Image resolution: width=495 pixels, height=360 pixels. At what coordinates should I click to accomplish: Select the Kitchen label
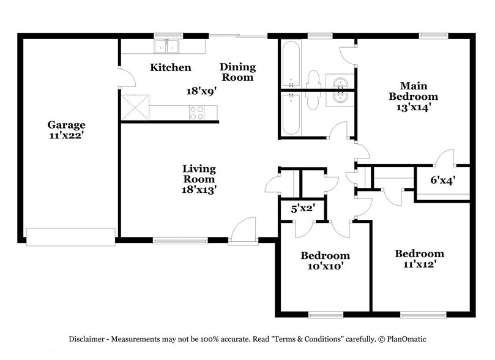(x=171, y=67)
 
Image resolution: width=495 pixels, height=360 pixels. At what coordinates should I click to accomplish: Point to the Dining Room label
(x=237, y=72)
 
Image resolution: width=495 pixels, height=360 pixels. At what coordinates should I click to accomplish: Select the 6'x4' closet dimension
(x=442, y=180)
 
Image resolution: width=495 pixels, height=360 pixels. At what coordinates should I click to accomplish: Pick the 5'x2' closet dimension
(x=302, y=208)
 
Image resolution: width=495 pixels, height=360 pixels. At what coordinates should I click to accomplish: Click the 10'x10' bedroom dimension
(x=325, y=266)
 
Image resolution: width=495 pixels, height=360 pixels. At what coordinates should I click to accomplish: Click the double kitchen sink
(x=166, y=47)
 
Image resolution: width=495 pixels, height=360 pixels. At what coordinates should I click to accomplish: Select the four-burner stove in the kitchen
(x=196, y=113)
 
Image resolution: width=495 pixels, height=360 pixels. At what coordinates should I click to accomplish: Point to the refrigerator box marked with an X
(x=135, y=108)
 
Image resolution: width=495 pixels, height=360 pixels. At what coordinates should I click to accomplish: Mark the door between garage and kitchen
(x=125, y=77)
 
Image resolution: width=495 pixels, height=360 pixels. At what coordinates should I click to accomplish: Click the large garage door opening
(x=70, y=236)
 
